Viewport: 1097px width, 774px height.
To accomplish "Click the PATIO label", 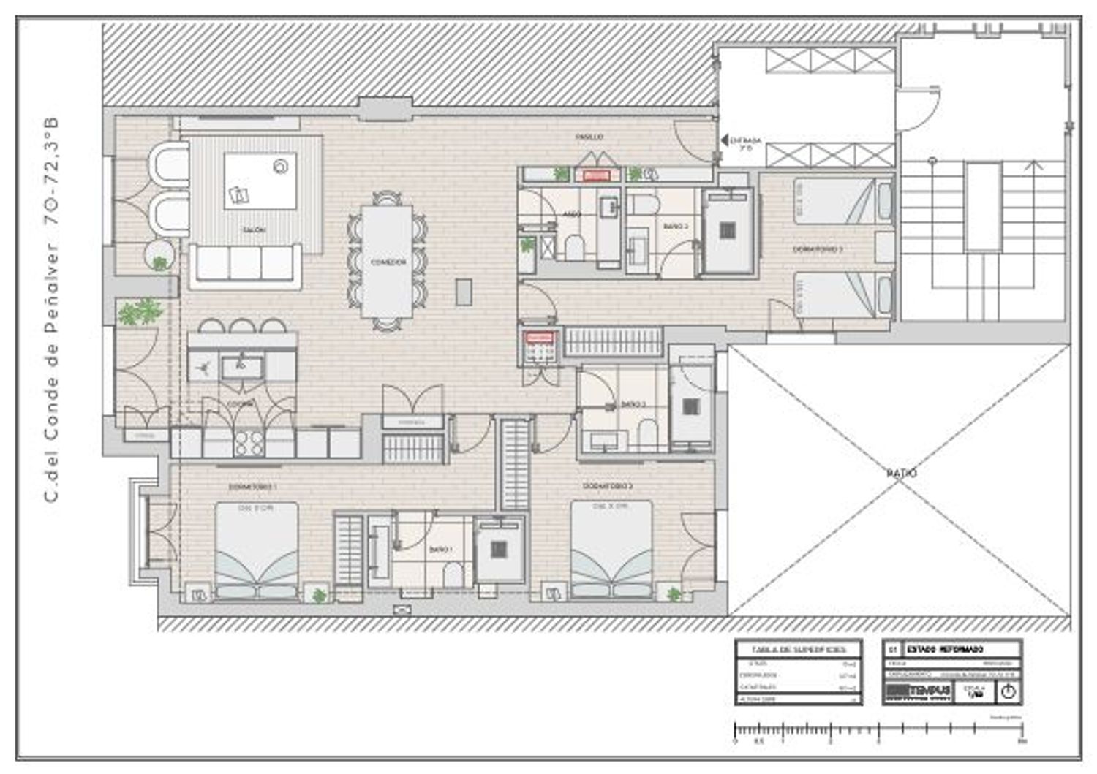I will [901, 474].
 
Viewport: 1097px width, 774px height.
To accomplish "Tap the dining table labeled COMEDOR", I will [387, 261].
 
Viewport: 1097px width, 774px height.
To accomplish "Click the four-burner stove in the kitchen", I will [249, 443].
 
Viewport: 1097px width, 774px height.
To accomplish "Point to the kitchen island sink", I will [242, 367].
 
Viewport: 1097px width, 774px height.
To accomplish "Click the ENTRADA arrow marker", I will [724, 140].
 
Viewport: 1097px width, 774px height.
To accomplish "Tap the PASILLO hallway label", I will [589, 137].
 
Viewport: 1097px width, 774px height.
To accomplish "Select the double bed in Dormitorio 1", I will [256, 550].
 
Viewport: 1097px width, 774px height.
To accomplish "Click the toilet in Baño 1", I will [453, 574].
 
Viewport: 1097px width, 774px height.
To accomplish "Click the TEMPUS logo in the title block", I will [919, 691].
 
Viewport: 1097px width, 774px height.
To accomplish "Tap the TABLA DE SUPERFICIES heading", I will [798, 650].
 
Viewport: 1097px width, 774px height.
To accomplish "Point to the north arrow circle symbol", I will [1009, 691].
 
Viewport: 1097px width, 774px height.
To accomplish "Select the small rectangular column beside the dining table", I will [464, 292].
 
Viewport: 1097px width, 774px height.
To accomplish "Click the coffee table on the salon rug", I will [260, 181].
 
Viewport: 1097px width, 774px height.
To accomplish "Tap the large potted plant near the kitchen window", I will [140, 312].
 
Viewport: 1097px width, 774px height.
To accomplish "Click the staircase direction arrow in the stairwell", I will [1033, 165].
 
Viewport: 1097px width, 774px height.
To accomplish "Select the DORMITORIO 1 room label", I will [252, 486].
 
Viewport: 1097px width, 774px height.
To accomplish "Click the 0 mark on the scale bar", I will [735, 740].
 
